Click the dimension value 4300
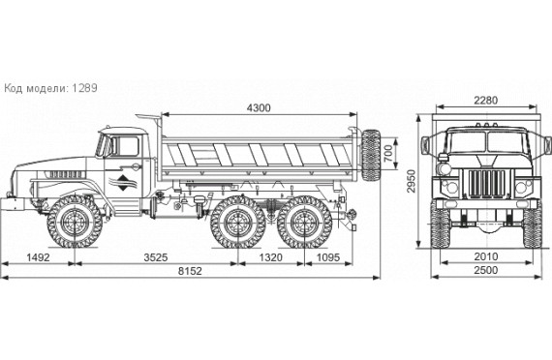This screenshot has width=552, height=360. coord(259,107)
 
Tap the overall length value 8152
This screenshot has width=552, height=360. coord(190,271)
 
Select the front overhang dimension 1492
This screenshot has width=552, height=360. coord(38,257)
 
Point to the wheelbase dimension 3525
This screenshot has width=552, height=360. coord(156,257)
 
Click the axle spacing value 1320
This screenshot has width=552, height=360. coord(271,257)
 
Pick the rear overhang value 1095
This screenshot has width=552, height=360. coord(328,257)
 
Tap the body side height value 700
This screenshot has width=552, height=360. coord(388,153)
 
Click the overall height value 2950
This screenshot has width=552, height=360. coord(411,181)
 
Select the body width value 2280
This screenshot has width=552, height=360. coord(486,101)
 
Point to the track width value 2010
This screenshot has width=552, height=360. coord(486,256)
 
